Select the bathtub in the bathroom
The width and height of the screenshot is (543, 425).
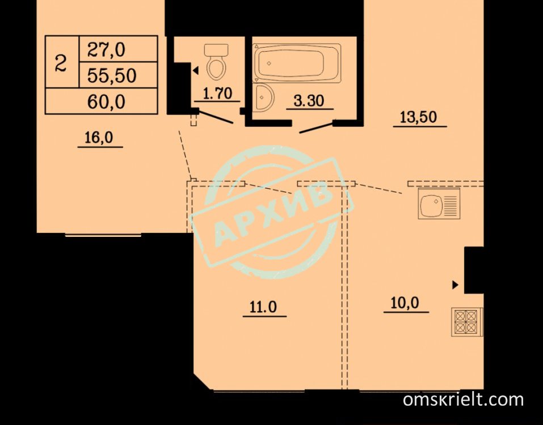[297, 62]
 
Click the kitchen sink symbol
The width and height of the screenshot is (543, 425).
[439, 203]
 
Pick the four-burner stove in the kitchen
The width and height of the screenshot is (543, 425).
[466, 322]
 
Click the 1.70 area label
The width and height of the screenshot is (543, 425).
[217, 93]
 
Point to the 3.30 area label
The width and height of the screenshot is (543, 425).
[309, 101]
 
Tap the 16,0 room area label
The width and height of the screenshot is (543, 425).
[99, 138]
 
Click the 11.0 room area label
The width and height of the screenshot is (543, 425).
[263, 307]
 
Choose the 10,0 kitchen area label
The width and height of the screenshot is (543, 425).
[405, 303]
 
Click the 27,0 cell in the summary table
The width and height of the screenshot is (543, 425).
[106, 49]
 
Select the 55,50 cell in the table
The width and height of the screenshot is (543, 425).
[112, 75]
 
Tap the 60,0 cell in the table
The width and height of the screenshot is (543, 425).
[106, 102]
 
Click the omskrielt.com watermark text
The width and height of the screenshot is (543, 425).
[463, 399]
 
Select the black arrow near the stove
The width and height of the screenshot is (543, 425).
[456, 285]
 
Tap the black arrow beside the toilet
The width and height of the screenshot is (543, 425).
[196, 71]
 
